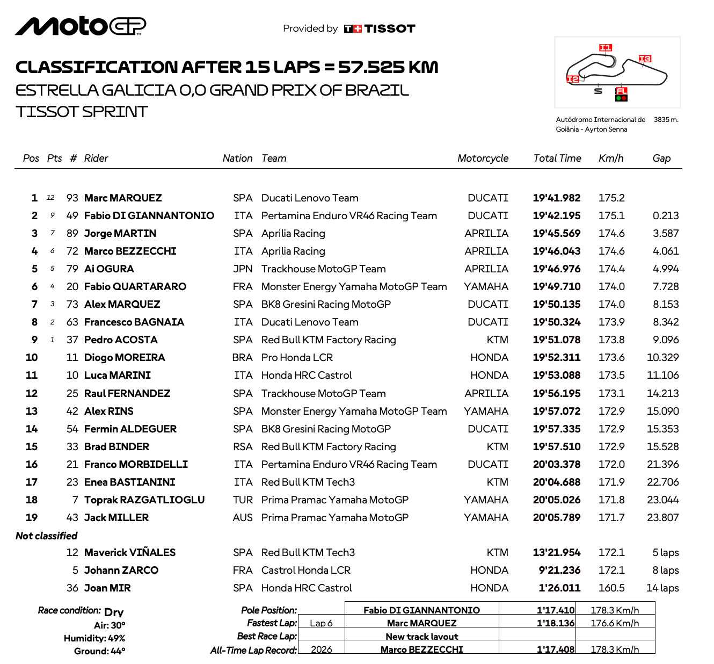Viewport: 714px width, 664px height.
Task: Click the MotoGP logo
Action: [x=81, y=26]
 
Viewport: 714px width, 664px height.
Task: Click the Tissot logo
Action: [x=380, y=29]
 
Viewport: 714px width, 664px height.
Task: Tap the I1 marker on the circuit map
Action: [x=605, y=48]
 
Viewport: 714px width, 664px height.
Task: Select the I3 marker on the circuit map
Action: [x=645, y=59]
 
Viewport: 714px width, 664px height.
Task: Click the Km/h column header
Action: [x=611, y=158]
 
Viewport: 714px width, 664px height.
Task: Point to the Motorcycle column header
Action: [x=483, y=158]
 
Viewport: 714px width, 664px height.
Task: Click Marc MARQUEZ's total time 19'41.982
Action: [x=556, y=198]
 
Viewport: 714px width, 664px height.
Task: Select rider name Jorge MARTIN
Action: [x=120, y=234]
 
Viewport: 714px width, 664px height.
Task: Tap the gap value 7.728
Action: [x=666, y=287]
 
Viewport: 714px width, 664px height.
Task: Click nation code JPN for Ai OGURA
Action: [x=243, y=269]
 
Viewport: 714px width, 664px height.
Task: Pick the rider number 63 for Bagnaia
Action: [x=72, y=322]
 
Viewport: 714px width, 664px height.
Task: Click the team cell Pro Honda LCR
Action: [x=297, y=358]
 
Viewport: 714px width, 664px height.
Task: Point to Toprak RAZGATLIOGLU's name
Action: [x=144, y=500]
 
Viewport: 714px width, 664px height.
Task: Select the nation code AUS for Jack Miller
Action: [x=243, y=518]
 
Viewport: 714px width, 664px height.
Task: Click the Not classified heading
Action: [x=47, y=536]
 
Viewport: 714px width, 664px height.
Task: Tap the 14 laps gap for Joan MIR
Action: [x=662, y=588]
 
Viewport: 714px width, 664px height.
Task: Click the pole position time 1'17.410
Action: [x=556, y=610]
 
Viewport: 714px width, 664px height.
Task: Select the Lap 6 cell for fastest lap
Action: [x=321, y=623]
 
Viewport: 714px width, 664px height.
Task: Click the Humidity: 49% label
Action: [x=94, y=639]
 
